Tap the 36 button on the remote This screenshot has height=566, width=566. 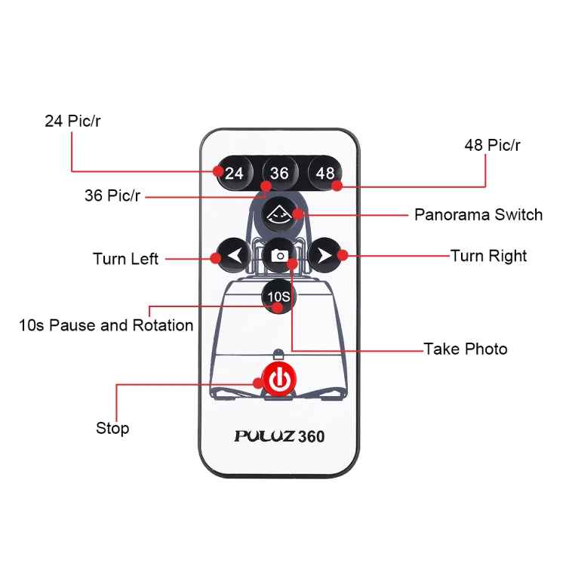tap(279, 173)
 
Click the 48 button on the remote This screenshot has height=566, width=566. tap(325, 173)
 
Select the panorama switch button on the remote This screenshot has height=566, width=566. tap(279, 214)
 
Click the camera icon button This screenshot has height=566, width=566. tap(279, 255)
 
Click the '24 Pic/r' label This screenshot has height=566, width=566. tap(72, 121)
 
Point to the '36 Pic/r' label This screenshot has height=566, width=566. tap(112, 195)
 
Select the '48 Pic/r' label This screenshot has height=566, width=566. tap(492, 146)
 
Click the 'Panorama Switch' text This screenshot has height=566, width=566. tap(478, 214)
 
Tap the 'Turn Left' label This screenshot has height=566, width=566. tap(125, 259)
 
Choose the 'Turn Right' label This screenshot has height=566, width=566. tap(488, 256)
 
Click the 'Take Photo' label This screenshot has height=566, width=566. tap(465, 349)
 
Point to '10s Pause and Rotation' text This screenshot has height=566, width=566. tap(106, 325)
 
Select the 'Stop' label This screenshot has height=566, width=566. tap(112, 429)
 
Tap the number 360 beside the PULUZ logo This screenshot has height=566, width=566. tap(312, 436)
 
